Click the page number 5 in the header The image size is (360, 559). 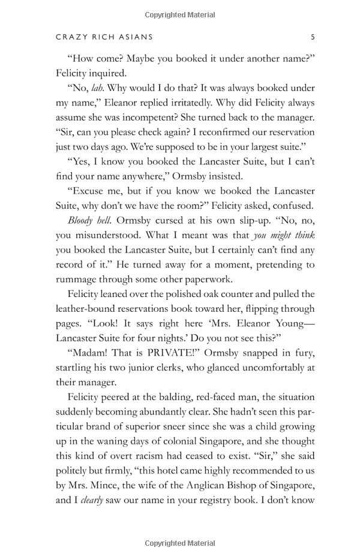pos(313,37)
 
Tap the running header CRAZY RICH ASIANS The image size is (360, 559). pos(104,37)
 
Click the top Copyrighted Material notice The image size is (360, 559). pos(180,13)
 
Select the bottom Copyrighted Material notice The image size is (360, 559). pos(180,543)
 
